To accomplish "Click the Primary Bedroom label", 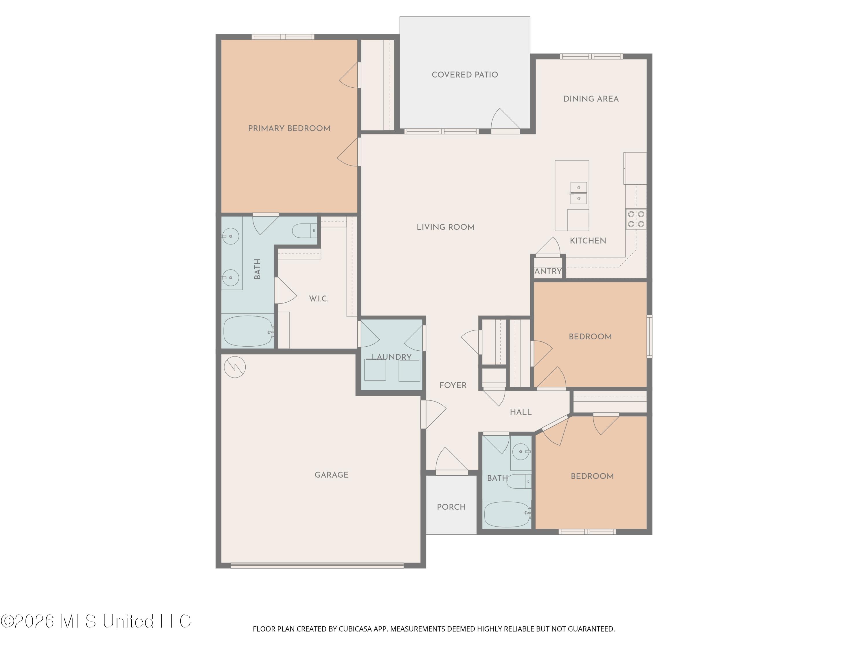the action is click(x=289, y=128).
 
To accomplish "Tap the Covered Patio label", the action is click(x=465, y=75).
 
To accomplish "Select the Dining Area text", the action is click(x=591, y=99).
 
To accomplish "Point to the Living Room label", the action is click(x=445, y=227).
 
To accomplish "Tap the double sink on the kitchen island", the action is click(x=578, y=193).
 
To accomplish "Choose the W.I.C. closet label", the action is click(x=319, y=299).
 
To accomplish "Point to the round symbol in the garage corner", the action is click(x=235, y=367).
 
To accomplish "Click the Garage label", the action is click(x=332, y=475).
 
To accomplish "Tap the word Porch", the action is click(x=451, y=507).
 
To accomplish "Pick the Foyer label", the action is click(x=453, y=385).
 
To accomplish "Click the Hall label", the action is click(x=521, y=412).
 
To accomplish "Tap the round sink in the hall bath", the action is click(x=521, y=452).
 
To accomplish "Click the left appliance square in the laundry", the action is click(x=375, y=370).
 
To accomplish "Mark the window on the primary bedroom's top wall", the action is click(x=283, y=37).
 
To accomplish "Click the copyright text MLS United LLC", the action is click(x=96, y=621).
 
